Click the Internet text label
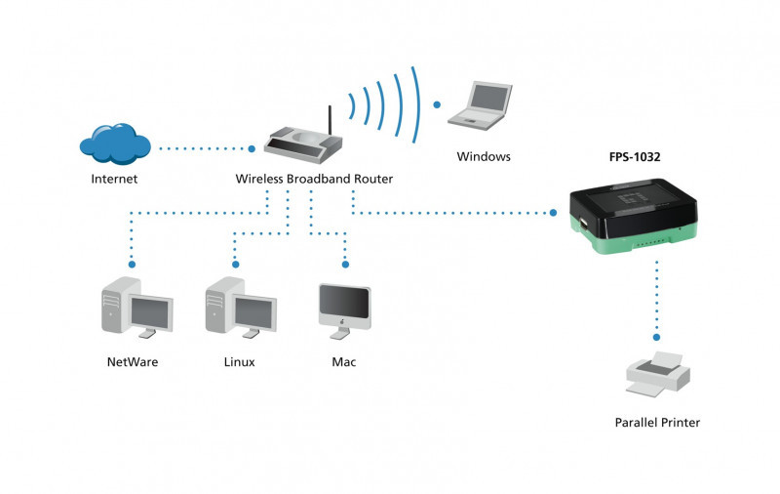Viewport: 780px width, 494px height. (114, 180)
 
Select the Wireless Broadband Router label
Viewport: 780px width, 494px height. (314, 180)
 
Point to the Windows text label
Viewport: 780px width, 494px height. (484, 156)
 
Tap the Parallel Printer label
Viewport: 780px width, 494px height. (657, 423)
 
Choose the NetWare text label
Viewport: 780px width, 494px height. (132, 362)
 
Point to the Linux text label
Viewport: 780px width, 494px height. (239, 362)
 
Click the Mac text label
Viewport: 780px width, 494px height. (343, 362)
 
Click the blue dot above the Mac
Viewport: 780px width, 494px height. (344, 264)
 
